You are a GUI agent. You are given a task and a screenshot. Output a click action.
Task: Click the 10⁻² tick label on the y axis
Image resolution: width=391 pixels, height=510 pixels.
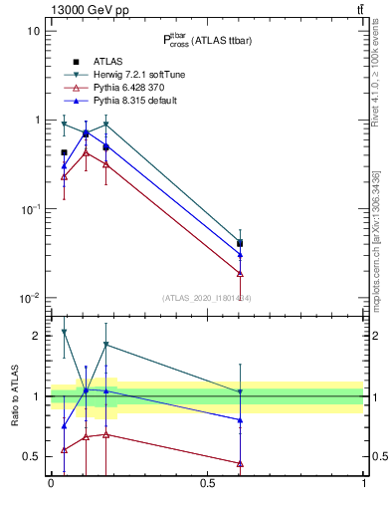point(30,299)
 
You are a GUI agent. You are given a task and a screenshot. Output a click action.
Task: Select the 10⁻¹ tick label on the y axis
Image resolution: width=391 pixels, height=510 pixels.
point(30,209)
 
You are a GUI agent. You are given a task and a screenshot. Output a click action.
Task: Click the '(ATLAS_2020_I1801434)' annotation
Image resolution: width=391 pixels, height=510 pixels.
point(207,298)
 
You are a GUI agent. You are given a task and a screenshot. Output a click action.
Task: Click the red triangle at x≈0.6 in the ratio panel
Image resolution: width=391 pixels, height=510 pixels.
point(240,463)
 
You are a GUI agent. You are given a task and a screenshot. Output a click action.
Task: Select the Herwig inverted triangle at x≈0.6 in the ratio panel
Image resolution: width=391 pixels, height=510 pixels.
point(240,391)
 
